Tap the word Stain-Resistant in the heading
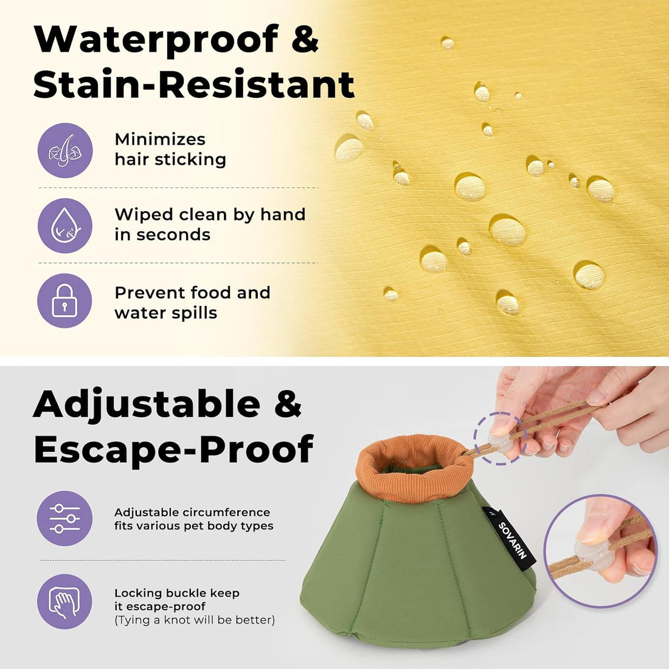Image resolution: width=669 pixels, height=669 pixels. (x=194, y=83)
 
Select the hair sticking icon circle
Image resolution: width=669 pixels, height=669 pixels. (x=65, y=151)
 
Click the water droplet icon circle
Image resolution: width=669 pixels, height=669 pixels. (x=65, y=226)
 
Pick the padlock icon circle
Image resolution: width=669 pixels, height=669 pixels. (x=65, y=301)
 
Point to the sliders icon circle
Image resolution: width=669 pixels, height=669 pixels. (x=65, y=518)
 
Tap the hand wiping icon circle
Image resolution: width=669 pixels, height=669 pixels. (x=65, y=601)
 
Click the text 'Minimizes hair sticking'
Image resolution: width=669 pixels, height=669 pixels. (x=170, y=150)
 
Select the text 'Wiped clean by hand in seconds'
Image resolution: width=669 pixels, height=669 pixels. (x=210, y=224)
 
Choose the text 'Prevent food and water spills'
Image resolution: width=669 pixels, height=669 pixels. (x=192, y=302)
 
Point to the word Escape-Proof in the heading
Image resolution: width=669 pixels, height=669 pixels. (x=174, y=449)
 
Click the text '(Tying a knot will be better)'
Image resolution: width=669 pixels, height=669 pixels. (x=195, y=620)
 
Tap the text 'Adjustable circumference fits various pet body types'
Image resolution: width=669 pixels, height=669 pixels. (x=193, y=519)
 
